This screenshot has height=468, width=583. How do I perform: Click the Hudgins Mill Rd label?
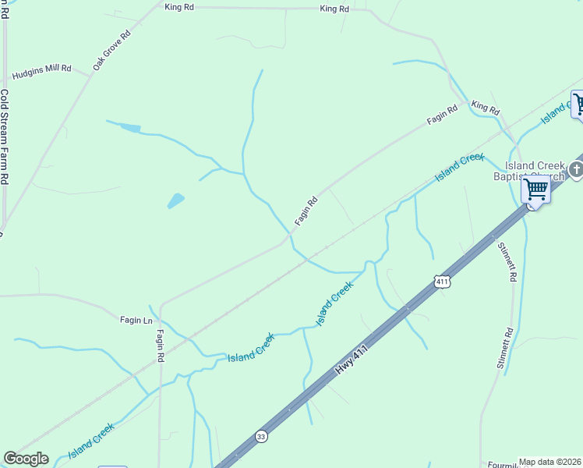pyautogui.click(x=41, y=69)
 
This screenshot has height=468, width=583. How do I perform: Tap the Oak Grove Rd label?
pyautogui.click(x=112, y=51)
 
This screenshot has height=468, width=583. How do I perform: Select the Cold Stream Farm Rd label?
pyautogui.click(x=4, y=136)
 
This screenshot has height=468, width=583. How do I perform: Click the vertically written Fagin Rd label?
pyautogui.click(x=160, y=346)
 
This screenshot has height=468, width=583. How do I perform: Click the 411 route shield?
pyautogui.click(x=442, y=282)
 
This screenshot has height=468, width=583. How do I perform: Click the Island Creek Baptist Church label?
pyautogui.click(x=534, y=171)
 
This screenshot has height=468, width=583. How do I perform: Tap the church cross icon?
pyautogui.click(x=576, y=168)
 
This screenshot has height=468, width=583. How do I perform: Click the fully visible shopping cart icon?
pyautogui.click(x=535, y=189)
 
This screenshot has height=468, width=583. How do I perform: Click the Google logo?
pyautogui.click(x=26, y=459)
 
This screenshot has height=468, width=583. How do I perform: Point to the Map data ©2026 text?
pyautogui.click(x=549, y=462)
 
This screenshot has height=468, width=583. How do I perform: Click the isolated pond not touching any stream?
pyautogui.click(x=176, y=200)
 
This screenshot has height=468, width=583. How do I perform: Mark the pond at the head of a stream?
pyautogui.click(x=129, y=127)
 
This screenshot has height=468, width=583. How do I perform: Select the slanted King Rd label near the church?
pyautogui.click(x=485, y=108)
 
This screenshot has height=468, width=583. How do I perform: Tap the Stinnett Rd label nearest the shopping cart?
pyautogui.click(x=507, y=262)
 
